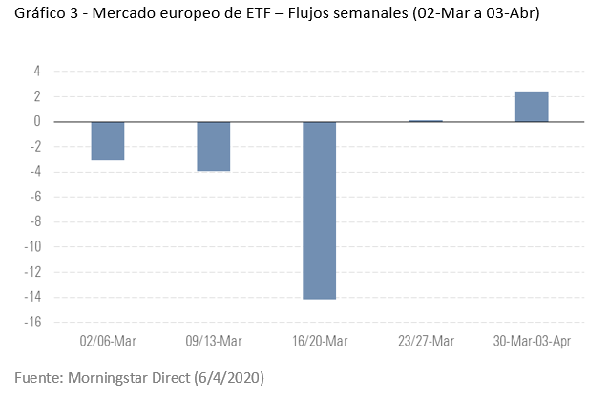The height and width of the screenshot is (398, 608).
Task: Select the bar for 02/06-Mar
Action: (x=108, y=141)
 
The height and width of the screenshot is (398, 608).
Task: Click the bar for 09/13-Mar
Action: (x=213, y=146)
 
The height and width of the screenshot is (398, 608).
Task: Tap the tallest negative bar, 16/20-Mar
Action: (x=319, y=210)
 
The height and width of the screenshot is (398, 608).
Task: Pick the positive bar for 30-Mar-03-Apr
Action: (x=531, y=107)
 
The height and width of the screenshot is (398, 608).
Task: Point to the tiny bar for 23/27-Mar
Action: (x=426, y=121)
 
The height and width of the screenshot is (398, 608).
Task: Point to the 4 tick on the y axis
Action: (x=37, y=72)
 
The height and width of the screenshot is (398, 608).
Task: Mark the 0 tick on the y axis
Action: (x=37, y=122)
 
